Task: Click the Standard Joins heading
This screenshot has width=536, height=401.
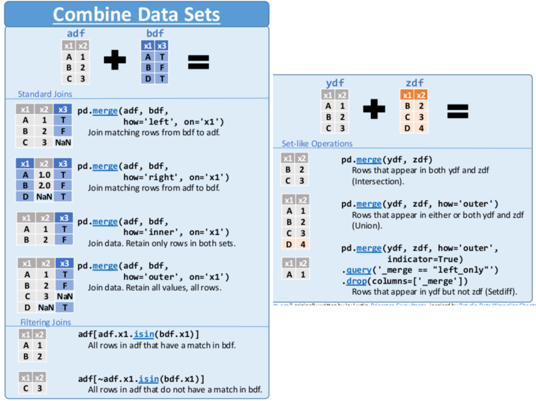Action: click(x=45, y=94)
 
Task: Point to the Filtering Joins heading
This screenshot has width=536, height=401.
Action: click(x=45, y=322)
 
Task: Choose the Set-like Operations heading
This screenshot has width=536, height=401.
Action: click(x=317, y=143)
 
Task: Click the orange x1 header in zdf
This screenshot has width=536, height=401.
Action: click(x=406, y=95)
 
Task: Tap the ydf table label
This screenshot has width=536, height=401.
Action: click(x=335, y=83)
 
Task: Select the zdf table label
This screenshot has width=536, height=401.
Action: click(x=415, y=83)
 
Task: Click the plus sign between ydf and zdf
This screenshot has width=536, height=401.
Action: click(x=373, y=110)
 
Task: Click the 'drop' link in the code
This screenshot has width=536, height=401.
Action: click(x=356, y=281)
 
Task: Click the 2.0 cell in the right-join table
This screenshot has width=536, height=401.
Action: click(x=44, y=186)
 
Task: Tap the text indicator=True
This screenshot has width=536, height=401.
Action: click(x=425, y=259)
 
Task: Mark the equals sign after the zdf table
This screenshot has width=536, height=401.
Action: click(x=458, y=110)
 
